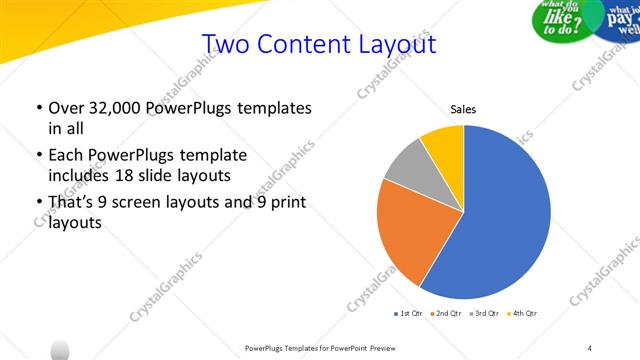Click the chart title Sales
pos(463,110)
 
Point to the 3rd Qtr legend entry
pos(485,314)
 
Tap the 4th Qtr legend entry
pos(523,314)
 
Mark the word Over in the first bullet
pos(65,108)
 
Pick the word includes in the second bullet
pos(80,175)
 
